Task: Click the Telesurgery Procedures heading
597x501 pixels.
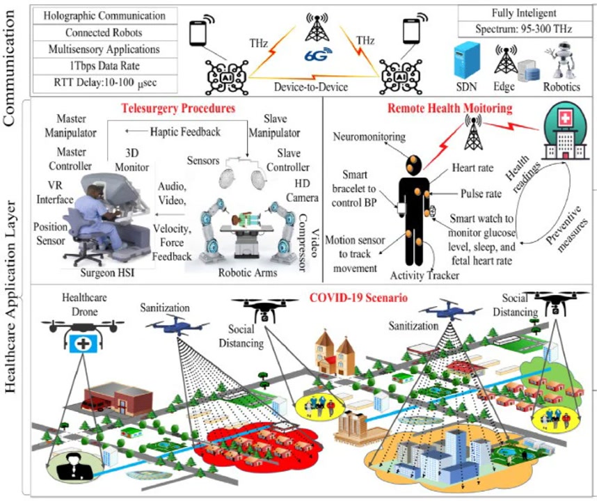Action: (177, 109)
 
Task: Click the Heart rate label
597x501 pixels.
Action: (473, 168)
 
